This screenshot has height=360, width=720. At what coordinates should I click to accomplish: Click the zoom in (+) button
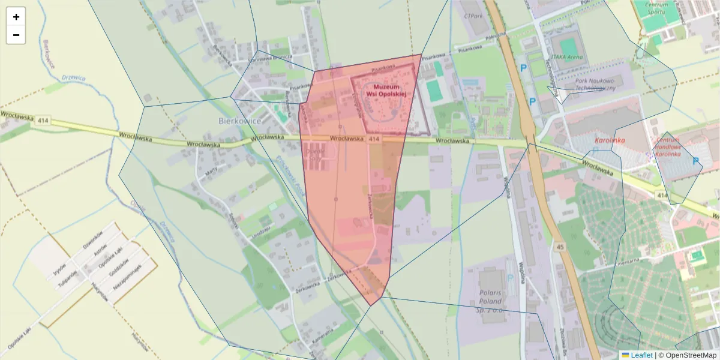click(x=16, y=17)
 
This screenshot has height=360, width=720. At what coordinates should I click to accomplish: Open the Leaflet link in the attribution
click(x=641, y=355)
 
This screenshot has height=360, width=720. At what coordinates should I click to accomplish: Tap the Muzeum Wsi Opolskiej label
click(x=386, y=91)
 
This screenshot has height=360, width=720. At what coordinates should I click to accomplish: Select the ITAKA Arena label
click(x=566, y=57)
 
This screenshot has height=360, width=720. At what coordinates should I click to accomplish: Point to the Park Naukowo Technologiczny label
click(x=595, y=84)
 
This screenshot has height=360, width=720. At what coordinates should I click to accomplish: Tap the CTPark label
click(x=473, y=16)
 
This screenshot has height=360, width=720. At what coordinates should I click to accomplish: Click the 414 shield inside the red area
click(x=374, y=139)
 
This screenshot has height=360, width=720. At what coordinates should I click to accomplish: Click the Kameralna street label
click(x=322, y=339)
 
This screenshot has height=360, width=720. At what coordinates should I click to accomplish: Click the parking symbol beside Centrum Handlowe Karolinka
click(x=696, y=161)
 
